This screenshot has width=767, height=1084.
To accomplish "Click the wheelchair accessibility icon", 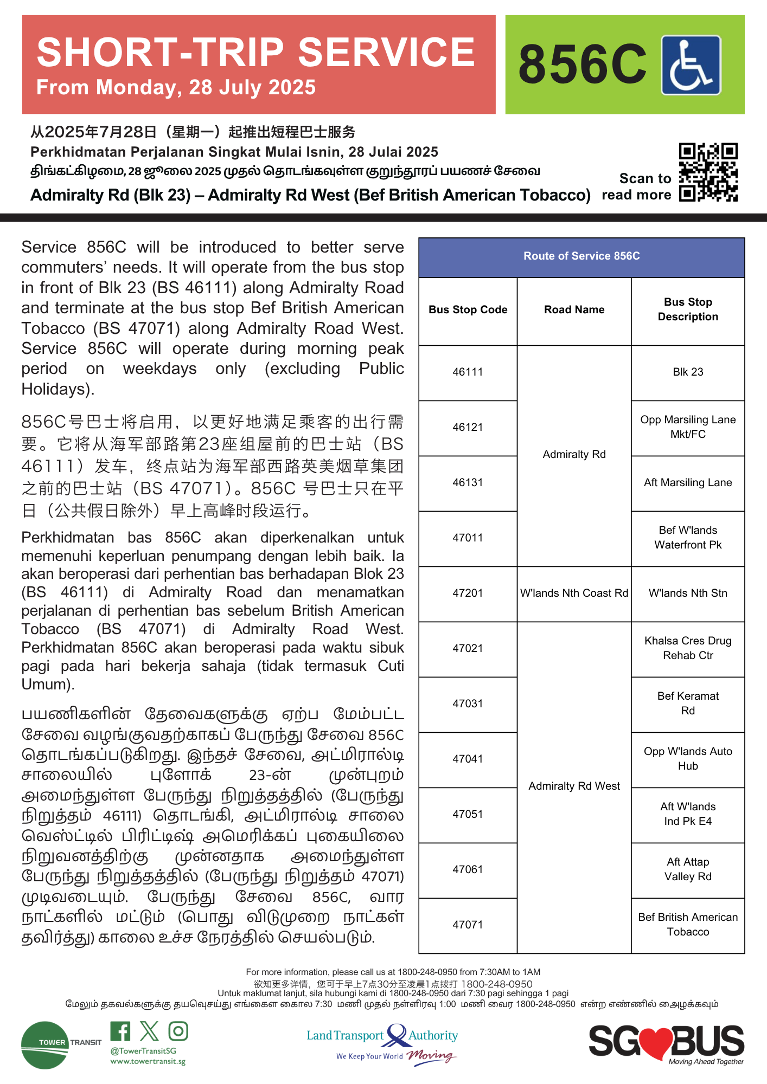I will click(x=691, y=65).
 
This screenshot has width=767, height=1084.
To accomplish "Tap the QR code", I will click(x=708, y=172).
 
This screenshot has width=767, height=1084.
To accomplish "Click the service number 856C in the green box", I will click(x=582, y=65).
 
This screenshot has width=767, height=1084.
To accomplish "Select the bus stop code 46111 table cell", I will click(x=468, y=372).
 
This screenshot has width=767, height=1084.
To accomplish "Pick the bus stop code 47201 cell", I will click(x=468, y=593).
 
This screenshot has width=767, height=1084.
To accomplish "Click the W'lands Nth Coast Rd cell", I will click(x=574, y=593).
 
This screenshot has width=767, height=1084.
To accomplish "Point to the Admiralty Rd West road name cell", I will click(x=574, y=786).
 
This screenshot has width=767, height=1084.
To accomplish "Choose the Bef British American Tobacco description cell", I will click(x=688, y=924).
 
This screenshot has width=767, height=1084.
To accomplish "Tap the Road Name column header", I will click(x=574, y=309).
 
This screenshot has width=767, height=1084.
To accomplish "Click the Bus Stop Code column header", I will click(x=468, y=309).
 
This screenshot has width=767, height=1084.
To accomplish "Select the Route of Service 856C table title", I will click(x=581, y=256).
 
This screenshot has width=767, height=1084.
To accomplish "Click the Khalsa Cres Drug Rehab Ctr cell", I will click(x=688, y=648).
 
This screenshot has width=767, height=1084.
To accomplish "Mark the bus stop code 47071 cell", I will click(x=468, y=925).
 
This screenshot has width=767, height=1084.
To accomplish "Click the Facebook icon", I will click(x=120, y=1031).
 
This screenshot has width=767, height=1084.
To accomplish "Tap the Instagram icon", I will click(x=178, y=1031).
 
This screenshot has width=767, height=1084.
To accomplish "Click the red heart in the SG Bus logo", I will click(x=655, y=1042).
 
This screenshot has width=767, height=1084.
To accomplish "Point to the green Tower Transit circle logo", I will click(x=44, y=1045).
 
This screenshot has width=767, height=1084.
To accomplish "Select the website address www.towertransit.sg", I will click(x=148, y=1061).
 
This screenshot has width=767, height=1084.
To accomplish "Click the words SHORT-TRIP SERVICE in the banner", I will click(x=255, y=53).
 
